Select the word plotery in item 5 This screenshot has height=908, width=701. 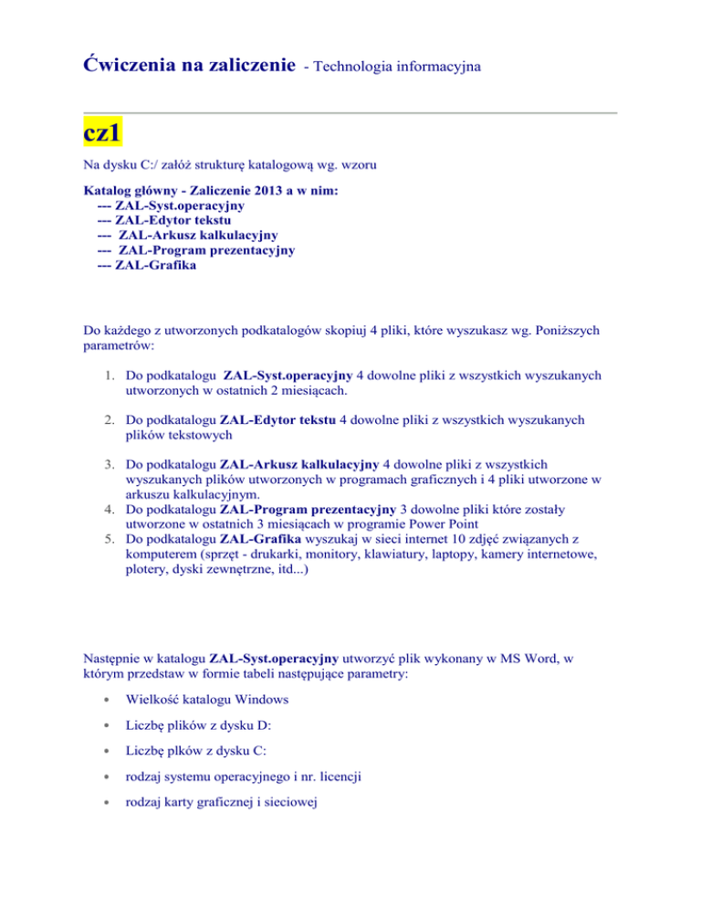(149, 570)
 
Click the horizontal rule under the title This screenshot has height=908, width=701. (350, 113)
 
